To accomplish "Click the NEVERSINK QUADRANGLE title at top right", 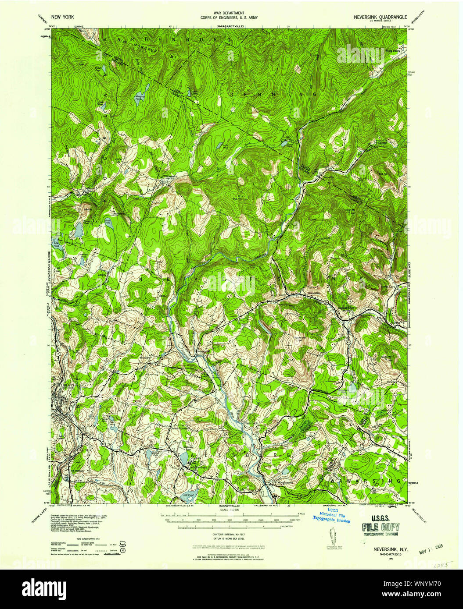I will coord(380,17).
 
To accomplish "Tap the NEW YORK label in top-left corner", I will coord(62,17).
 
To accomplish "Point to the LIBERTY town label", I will coord(68,385).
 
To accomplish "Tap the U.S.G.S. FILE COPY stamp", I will coord(380,525).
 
